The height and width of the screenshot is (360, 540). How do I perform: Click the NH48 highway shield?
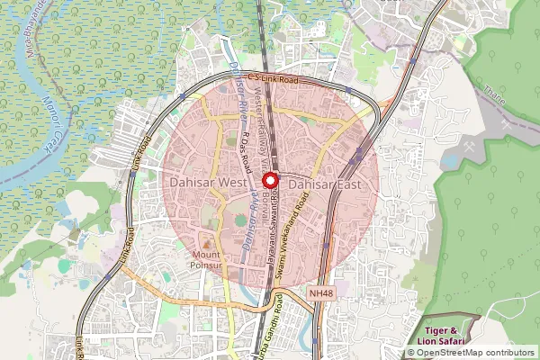tap(319, 292)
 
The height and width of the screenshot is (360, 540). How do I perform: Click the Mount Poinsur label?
tap(208, 260)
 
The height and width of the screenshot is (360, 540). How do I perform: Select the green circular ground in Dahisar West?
tap(240, 219)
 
